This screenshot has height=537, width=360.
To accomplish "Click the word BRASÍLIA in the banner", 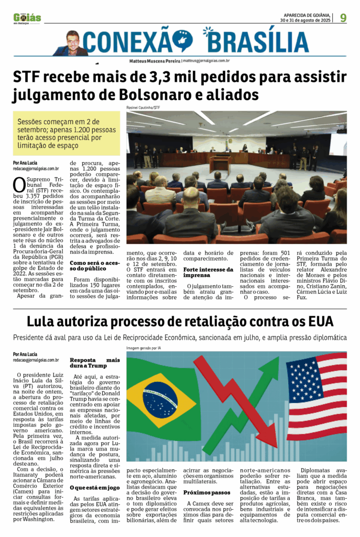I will point(257,41).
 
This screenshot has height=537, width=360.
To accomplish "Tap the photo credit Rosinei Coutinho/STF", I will point(144,108).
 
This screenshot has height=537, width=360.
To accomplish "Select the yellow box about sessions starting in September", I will point(66,133).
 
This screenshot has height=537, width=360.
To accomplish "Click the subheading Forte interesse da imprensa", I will point(203,272).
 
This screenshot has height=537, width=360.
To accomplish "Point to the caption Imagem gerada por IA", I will point(144,348).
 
